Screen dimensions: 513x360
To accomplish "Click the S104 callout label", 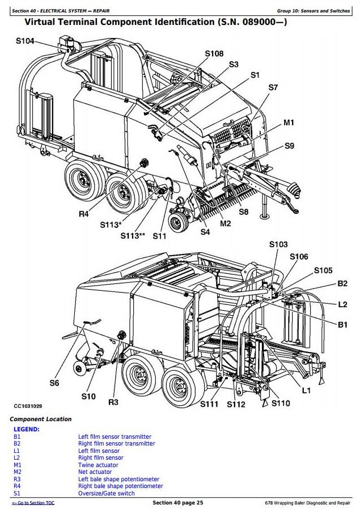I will click(x=25, y=41).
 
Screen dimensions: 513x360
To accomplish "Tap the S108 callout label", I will click(x=214, y=53).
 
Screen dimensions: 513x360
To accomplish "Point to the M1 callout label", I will click(x=289, y=122).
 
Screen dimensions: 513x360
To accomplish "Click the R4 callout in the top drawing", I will click(x=84, y=214).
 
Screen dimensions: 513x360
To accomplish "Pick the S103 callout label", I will click(x=278, y=244).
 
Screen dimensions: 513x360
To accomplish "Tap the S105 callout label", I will click(x=323, y=270).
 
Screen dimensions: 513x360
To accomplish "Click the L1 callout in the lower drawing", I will click(x=306, y=390).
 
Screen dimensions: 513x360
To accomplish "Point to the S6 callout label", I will click(x=54, y=383).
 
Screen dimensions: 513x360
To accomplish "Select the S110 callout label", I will click(x=280, y=403).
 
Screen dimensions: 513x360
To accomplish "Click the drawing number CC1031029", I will click(x=28, y=406).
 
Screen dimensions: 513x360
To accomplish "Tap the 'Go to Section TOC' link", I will click(x=33, y=503).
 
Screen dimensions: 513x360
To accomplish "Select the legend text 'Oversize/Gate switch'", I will click(x=106, y=493).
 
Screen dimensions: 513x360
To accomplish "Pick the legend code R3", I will click(x=17, y=479).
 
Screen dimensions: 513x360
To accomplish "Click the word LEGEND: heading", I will click(x=26, y=429).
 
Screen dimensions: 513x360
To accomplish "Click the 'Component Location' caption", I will click(x=41, y=419).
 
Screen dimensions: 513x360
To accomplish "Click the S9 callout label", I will click(x=289, y=146).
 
